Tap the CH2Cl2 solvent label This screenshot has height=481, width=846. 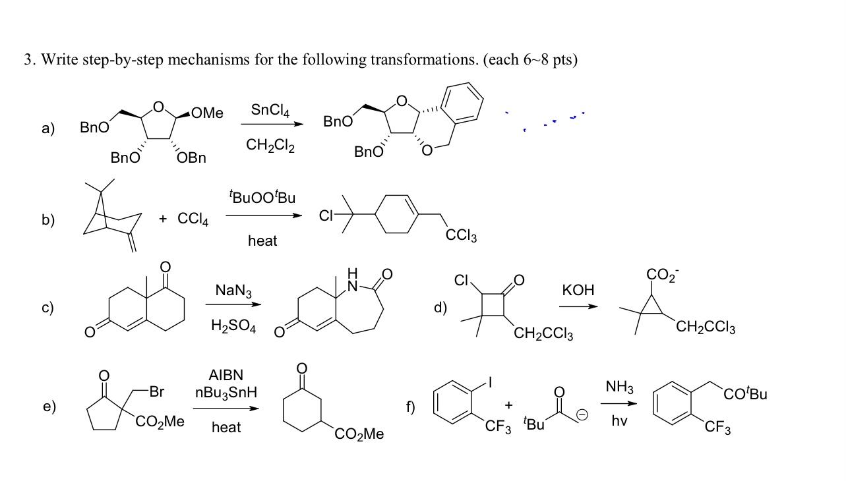click(x=270, y=145)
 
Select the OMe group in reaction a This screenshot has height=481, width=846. click(x=208, y=113)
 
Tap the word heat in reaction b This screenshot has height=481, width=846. click(x=262, y=241)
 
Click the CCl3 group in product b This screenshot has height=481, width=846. click(x=461, y=235)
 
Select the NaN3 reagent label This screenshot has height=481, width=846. click(x=233, y=291)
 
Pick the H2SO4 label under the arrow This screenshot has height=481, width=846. click(x=233, y=325)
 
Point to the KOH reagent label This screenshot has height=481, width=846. click(x=578, y=290)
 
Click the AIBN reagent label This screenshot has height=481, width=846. click(x=226, y=375)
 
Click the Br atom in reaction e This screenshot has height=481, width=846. click(x=156, y=391)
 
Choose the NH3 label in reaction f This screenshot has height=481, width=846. click(x=619, y=387)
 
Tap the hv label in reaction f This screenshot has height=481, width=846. click(x=619, y=420)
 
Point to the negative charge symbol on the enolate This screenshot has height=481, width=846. click(x=581, y=414)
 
